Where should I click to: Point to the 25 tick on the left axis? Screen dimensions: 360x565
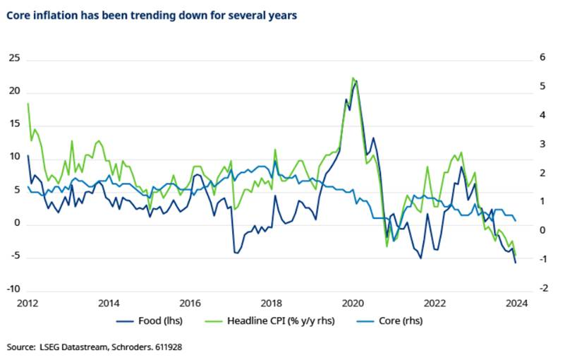click(13, 59)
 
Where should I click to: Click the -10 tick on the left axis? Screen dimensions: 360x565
click(12, 290)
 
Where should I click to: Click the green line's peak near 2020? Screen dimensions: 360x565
click(353, 78)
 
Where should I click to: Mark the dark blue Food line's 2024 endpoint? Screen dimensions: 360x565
click(516, 263)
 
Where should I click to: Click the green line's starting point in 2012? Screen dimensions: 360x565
click(28, 104)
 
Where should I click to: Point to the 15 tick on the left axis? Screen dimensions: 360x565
click(13, 125)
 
